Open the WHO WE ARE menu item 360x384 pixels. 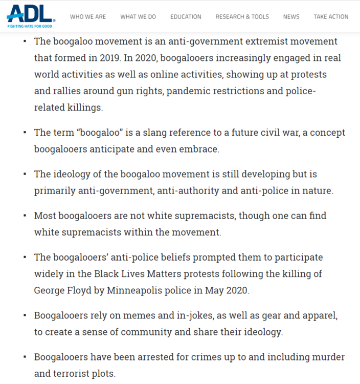click(88, 17)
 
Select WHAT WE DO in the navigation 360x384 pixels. click(138, 17)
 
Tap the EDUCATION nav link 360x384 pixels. click(186, 17)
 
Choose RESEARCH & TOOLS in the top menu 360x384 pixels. click(242, 17)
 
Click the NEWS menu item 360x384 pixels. click(291, 17)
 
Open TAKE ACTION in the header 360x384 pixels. click(331, 17)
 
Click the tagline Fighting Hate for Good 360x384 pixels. click(29, 25)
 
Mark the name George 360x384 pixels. click(49, 290)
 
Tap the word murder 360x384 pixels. click(327, 357)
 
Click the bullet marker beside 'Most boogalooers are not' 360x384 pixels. click(25, 216)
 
